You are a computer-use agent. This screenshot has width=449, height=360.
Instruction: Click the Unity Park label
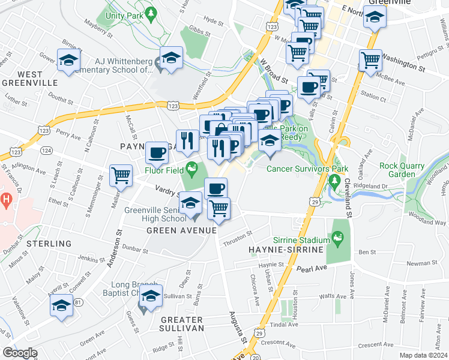tap(124, 14)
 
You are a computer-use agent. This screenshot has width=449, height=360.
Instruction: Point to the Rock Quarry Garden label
tap(402, 170)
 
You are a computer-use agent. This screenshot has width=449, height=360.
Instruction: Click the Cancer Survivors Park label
tap(307, 169)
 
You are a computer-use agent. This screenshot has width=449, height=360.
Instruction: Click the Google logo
tap(20, 353)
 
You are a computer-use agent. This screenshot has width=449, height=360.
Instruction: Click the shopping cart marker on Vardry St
tap(121, 175)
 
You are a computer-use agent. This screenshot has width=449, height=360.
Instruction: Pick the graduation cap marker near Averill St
tap(61, 305)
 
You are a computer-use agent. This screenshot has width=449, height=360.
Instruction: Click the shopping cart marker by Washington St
tap(370, 59)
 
